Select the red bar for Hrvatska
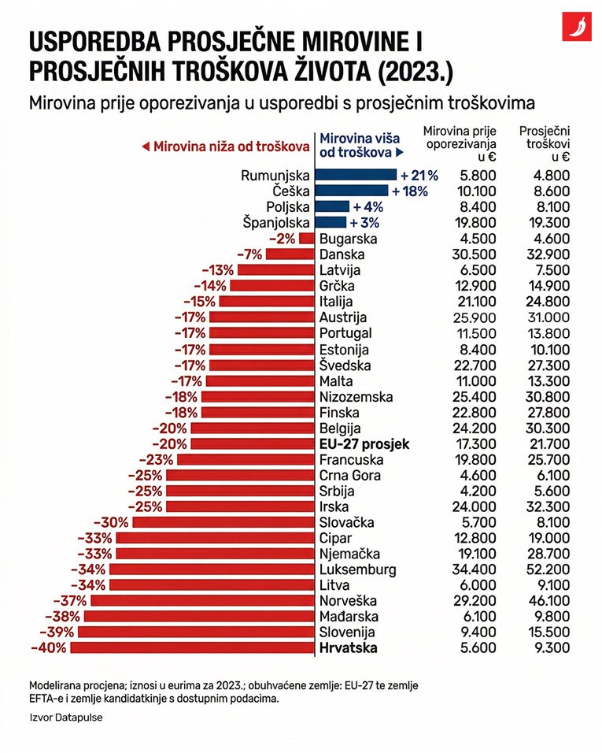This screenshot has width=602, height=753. pos(192,648)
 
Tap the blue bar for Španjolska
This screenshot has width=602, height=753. pos(331,222)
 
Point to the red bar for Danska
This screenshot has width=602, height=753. pos(290,254)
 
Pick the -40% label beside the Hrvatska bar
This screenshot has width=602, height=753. pos(49,648)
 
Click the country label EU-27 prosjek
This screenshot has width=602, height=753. pos(364,444)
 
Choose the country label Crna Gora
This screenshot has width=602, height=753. pos(350,475)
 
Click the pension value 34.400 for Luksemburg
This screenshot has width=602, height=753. pos(476,569)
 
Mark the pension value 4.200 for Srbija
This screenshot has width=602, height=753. pos(476,491)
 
